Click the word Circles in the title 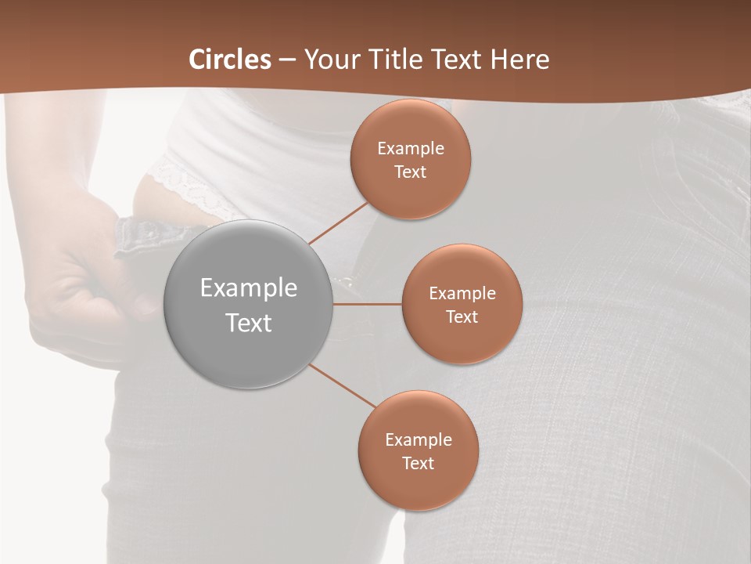pyautogui.click(x=230, y=60)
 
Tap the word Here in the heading pyautogui.click(x=519, y=60)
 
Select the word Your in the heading pyautogui.click(x=329, y=60)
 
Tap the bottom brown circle pyautogui.click(x=418, y=486)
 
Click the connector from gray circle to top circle pyautogui.click(x=338, y=222)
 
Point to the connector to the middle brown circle pyautogui.click(x=367, y=304)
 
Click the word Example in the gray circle pyautogui.click(x=248, y=288)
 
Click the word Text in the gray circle pyautogui.click(x=248, y=323)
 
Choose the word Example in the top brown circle pyautogui.click(x=411, y=148)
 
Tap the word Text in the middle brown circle pyautogui.click(x=462, y=316)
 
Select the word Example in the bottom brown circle pyautogui.click(x=418, y=439)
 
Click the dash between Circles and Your pyautogui.click(x=287, y=60)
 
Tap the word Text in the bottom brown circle pyautogui.click(x=418, y=463)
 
